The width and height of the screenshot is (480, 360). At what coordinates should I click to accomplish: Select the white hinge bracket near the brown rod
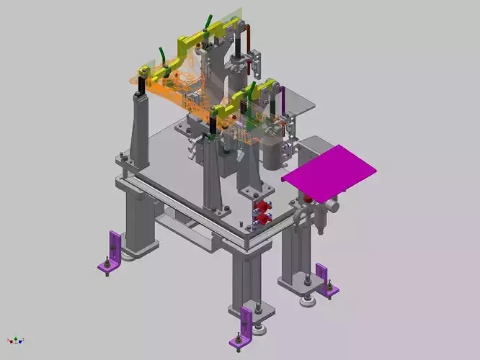[x=254, y=62]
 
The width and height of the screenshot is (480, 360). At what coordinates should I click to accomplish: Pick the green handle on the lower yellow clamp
[x=252, y=90]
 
